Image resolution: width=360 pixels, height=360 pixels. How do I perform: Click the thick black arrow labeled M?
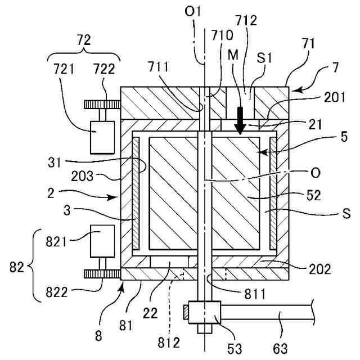(240, 120)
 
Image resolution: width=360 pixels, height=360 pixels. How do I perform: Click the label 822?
(59, 293)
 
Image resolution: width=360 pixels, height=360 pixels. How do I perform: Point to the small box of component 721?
(102, 136)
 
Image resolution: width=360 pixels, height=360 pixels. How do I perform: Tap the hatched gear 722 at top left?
(102, 104)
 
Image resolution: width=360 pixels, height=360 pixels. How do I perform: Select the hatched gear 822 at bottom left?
(102, 274)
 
